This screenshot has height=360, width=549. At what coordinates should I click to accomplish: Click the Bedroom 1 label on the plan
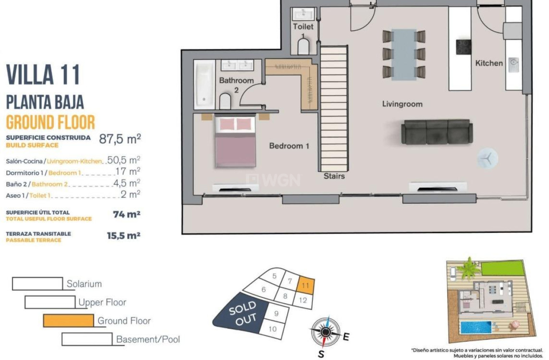pos(289,146)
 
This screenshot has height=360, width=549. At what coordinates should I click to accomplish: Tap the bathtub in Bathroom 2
pos(204,85)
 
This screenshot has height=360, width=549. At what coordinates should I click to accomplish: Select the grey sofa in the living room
pos(437,131)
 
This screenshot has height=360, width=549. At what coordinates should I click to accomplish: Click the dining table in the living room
pos(404,54)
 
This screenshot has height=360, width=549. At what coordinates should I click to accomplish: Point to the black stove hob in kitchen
pos(463,47)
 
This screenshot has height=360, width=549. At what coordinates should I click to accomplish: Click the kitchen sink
pos(513,64)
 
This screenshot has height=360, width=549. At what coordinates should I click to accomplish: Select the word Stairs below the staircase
pos(334,176)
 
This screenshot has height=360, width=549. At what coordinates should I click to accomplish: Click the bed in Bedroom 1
pos(235,142)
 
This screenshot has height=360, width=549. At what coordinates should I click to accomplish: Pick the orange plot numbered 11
pos(305,286)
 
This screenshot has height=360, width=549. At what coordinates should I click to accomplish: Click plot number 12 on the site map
pos(304,300)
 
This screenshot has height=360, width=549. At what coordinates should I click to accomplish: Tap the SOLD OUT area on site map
pos(243,313)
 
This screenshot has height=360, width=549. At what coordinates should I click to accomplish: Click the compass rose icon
pos(325,332)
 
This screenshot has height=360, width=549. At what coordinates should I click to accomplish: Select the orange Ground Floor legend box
pos(68,320)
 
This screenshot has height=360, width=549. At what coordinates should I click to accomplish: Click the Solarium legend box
pos(37,284)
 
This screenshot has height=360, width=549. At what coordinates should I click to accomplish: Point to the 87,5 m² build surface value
pos(119,139)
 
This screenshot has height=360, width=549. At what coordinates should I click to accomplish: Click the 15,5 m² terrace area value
pos(123,235)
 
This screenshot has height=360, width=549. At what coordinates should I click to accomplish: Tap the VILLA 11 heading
pos(43,75)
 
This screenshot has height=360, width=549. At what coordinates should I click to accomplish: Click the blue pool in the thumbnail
pos(476,327)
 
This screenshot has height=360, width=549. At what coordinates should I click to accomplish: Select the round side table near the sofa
pos(488,158)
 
